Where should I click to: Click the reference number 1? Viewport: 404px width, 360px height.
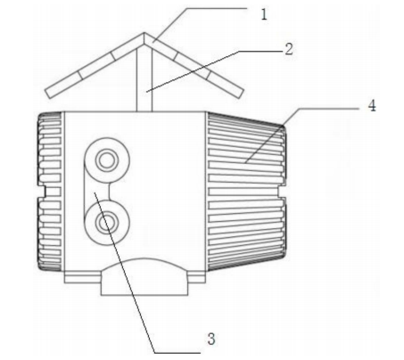(x=264, y=14)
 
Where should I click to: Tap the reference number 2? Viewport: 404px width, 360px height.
(x=289, y=49)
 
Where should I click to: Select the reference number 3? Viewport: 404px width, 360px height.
(x=211, y=339)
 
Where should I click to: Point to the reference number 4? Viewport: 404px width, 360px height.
(x=372, y=106)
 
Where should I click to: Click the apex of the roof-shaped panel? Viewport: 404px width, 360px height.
(x=144, y=32)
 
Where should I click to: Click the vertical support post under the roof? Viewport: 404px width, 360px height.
(x=144, y=79)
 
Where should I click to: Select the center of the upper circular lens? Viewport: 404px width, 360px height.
(x=107, y=160)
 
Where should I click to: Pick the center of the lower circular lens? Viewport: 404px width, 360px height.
(x=107, y=223)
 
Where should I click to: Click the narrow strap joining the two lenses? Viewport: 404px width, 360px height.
(x=97, y=192)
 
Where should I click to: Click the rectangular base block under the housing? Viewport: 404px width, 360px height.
(x=144, y=284)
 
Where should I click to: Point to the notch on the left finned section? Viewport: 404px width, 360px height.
(x=42, y=192)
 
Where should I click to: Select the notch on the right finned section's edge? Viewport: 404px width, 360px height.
(x=282, y=192)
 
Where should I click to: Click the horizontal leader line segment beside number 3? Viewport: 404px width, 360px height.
(x=177, y=353)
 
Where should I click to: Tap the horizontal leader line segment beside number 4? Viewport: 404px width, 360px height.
(x=328, y=109)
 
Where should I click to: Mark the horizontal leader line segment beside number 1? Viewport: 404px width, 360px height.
(x=217, y=8)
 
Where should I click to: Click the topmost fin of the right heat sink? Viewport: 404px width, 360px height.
(x=244, y=118)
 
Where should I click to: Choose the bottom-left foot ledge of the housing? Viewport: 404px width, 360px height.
(x=83, y=279)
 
